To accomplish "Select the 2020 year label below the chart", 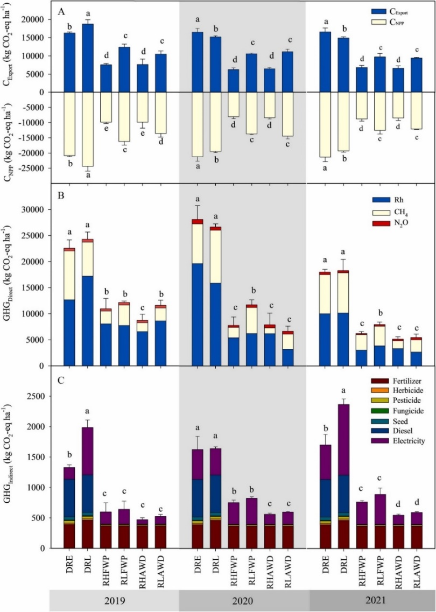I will click(x=243, y=601).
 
